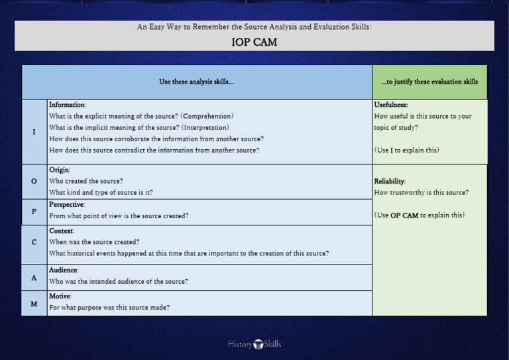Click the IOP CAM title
(x=254, y=42)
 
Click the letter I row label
(x=34, y=131)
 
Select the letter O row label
(x=34, y=181)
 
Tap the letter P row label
(x=34, y=211)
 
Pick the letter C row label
(x=34, y=242)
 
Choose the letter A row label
(x=34, y=278)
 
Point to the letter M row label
(x=34, y=303)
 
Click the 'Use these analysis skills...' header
(x=196, y=82)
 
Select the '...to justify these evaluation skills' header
(x=429, y=82)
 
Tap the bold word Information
(x=68, y=105)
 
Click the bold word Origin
(x=60, y=170)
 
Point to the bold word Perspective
(x=66, y=204)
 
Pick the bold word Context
(x=61, y=231)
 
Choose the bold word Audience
(x=64, y=270)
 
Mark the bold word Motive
(x=60, y=296)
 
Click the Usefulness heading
(x=391, y=105)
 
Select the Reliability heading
(x=390, y=181)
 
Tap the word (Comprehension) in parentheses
(x=207, y=116)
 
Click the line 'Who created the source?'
(x=86, y=181)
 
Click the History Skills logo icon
(x=258, y=344)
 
